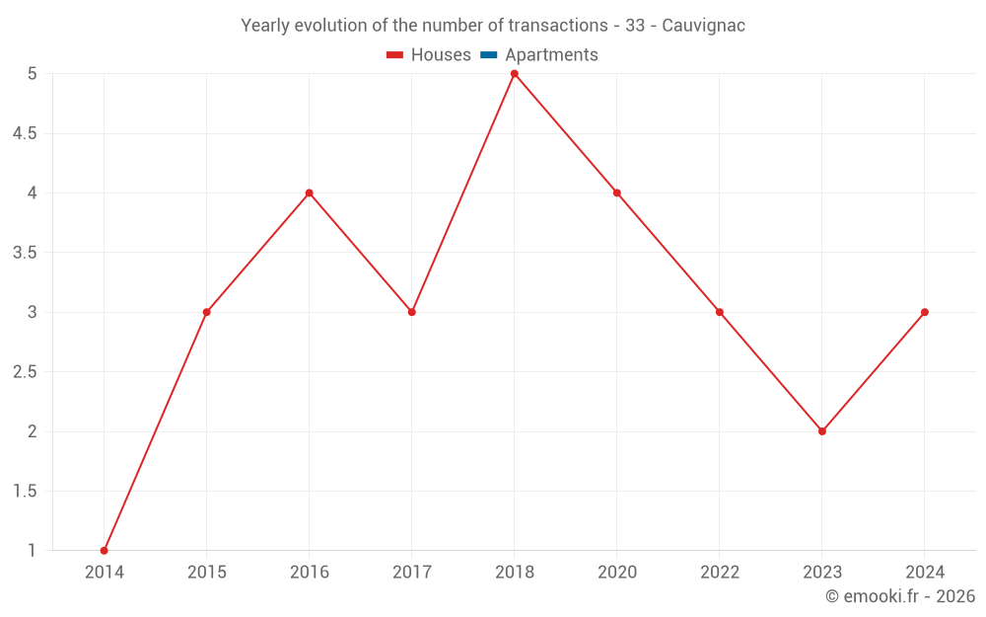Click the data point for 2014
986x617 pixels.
105,550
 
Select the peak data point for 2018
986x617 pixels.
515,74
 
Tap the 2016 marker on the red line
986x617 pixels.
310,193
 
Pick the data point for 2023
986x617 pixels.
822,431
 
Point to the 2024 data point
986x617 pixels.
925,312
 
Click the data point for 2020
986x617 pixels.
617,193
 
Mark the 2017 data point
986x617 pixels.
412,312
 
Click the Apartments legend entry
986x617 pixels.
551,55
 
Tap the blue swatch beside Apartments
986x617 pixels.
489,55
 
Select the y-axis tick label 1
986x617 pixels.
32,550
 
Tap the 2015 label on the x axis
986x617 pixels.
207,572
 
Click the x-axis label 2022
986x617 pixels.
720,572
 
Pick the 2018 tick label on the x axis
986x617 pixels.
515,572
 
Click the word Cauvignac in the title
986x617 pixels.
703,26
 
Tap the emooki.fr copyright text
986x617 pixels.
900,596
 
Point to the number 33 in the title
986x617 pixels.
635,26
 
